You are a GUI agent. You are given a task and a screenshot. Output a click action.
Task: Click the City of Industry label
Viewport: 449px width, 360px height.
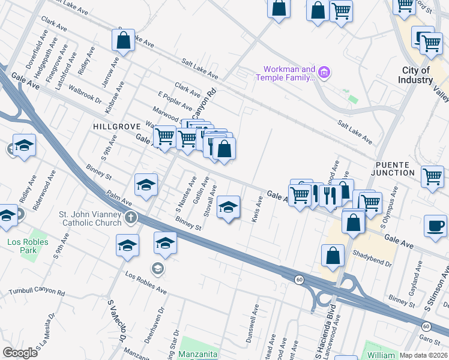coord(417,75)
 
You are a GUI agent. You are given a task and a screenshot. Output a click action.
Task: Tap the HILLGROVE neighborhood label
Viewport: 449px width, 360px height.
coord(116,127)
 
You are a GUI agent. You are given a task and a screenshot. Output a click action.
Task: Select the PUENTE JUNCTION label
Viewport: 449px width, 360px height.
coord(395,169)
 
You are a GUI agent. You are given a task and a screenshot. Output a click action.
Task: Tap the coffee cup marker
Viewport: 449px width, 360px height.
coord(435,226)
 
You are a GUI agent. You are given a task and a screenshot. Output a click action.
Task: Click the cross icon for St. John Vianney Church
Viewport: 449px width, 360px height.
coord(130,218)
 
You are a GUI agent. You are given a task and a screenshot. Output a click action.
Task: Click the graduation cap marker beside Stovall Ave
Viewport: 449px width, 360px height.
coord(228,207)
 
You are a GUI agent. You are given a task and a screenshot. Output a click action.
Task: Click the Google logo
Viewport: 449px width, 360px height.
coord(20,353)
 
